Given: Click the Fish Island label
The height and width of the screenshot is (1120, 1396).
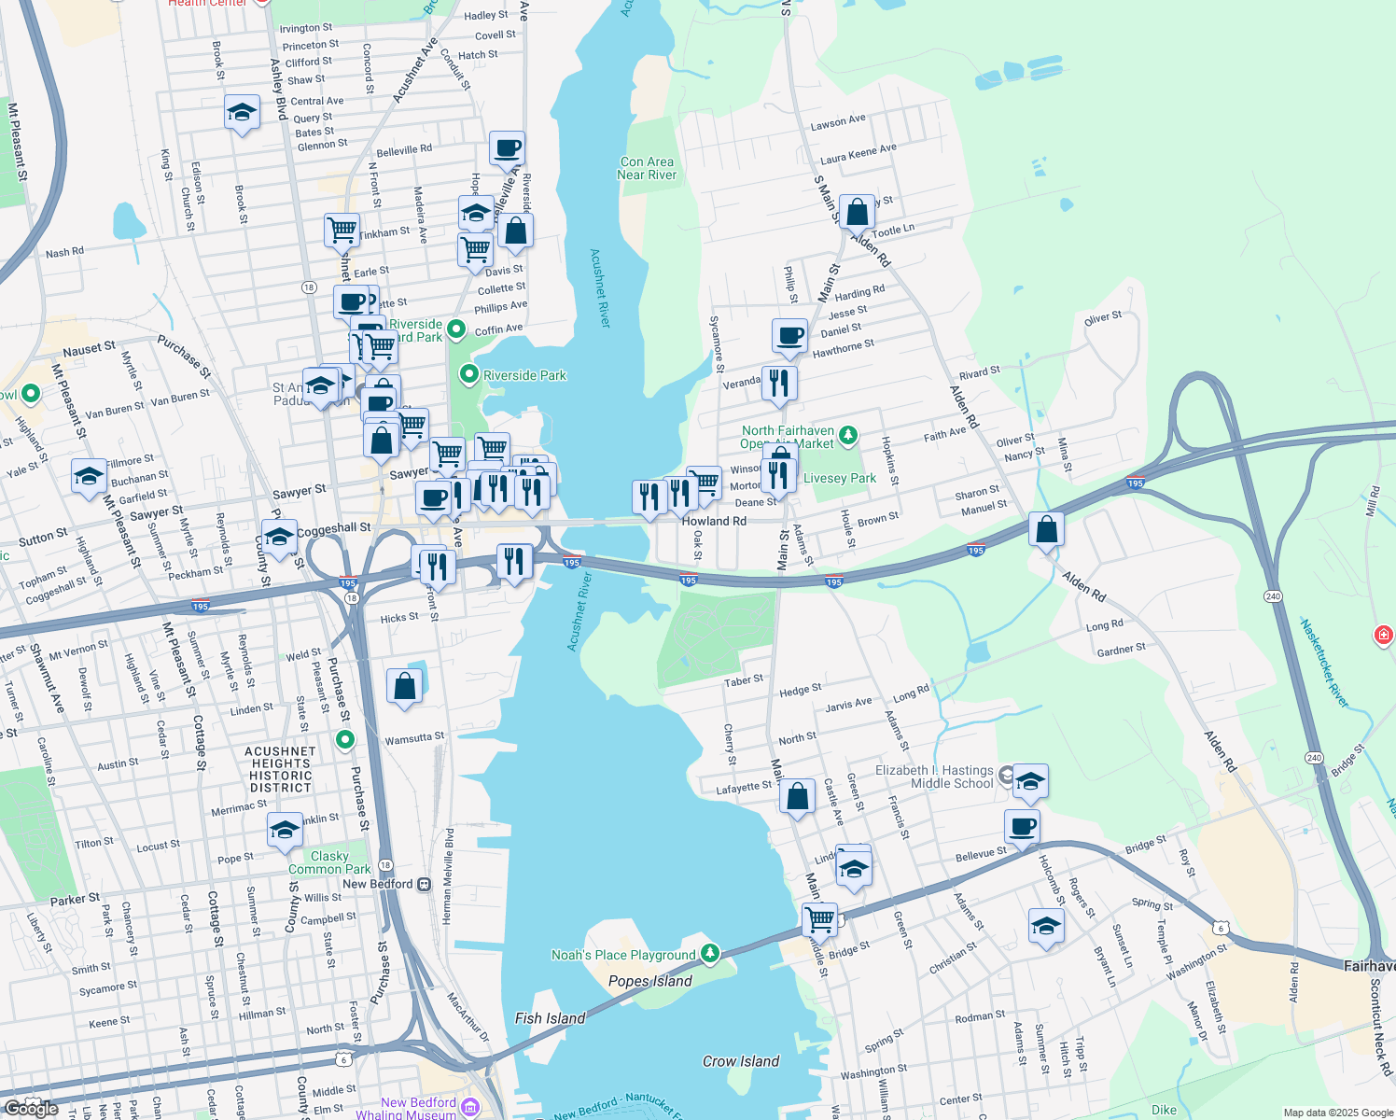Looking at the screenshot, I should pos(550,1018).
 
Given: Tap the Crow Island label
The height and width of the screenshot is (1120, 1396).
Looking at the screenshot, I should pos(740,1061).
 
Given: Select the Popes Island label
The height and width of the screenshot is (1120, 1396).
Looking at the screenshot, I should pos(649,981).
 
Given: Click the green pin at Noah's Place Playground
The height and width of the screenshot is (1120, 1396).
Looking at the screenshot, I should pos(710,953).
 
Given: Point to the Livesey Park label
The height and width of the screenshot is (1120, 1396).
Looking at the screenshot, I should pos(839,478).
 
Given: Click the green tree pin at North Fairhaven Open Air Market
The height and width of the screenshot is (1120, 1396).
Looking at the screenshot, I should pos(847,435).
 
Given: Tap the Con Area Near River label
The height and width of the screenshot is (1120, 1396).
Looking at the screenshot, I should pos(647,168).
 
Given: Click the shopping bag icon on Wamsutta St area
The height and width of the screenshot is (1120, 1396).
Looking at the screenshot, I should pos(405,687).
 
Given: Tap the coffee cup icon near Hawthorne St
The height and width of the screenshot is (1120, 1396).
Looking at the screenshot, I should pos(789,336).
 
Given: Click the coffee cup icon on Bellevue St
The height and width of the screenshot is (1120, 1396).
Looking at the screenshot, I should pos(1022,827).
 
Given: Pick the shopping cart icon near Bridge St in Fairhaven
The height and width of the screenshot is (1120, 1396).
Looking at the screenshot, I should pos(819,920).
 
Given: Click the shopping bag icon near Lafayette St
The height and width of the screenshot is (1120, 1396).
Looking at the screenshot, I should pos(797,797).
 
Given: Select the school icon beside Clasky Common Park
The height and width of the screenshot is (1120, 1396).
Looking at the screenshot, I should pos(285,831).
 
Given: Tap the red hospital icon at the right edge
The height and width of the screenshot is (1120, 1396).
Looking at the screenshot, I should pos(1383,636).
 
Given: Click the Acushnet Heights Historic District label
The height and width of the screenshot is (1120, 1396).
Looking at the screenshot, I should pos(280,769).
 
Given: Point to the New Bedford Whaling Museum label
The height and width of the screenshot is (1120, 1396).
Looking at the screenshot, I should pos(418,1108).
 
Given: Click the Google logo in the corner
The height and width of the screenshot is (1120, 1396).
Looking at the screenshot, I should pos(31,1108).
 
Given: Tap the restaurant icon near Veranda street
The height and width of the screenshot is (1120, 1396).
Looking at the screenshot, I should pos(778,384).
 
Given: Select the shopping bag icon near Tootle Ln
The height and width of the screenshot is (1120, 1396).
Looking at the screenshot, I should pos(857,213).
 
